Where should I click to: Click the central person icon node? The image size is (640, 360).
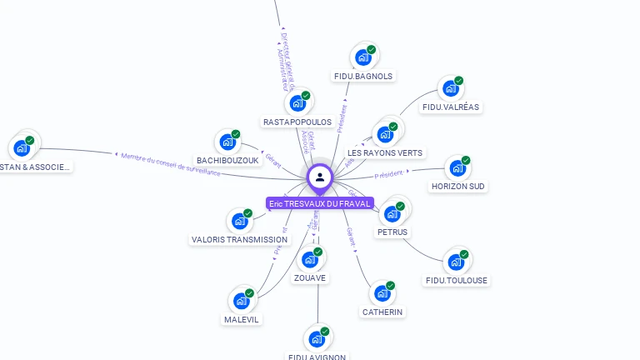(x=320, y=177)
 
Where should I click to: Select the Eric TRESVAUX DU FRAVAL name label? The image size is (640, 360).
(x=320, y=203)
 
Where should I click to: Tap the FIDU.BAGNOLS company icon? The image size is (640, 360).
(x=362, y=57)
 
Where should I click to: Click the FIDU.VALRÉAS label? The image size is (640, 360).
(x=452, y=107)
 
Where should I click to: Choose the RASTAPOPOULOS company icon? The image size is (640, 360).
(x=297, y=103)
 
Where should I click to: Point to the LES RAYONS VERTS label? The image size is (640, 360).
(x=385, y=152)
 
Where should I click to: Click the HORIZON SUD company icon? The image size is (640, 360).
(x=457, y=168)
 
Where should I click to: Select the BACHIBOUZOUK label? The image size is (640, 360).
(x=227, y=160)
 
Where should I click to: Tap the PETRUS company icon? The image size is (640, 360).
(x=391, y=213)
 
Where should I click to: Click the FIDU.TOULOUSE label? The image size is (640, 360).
(x=457, y=280)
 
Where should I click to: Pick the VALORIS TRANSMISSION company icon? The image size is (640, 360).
(x=239, y=221)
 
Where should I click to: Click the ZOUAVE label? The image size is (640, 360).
(x=310, y=277)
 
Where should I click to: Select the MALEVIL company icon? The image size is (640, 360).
(x=241, y=300)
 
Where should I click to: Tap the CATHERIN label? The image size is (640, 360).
(x=382, y=312)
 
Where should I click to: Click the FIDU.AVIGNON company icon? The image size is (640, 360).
(x=316, y=338)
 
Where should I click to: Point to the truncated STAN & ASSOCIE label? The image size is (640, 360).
(x=37, y=167)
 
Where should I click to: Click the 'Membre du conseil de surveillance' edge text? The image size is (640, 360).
(x=170, y=163)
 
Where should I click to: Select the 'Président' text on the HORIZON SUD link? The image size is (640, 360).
(x=389, y=174)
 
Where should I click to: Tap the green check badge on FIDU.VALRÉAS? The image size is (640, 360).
(x=458, y=81)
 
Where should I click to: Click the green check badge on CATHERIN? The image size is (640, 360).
(x=390, y=286)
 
